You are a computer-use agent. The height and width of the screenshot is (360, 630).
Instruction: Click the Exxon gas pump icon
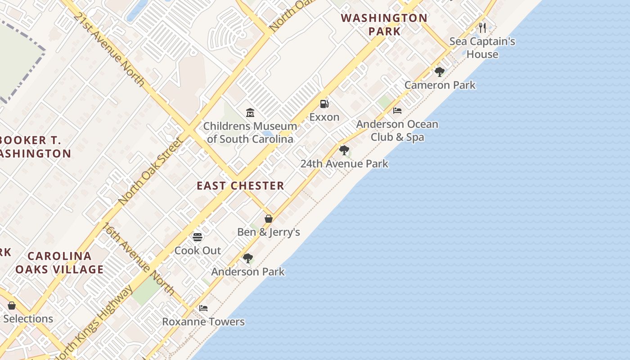[324, 104]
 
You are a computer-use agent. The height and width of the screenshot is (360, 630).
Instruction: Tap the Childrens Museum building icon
[250, 112]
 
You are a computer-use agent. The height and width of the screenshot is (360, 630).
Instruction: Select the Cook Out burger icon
[198, 237]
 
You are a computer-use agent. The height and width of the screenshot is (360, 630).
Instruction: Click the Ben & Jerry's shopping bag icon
[269, 219]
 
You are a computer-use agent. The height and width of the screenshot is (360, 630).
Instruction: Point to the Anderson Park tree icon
[247, 258]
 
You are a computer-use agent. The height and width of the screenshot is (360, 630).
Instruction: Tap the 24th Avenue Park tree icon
[344, 150]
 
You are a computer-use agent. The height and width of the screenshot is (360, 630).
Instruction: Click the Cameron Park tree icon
[440, 72]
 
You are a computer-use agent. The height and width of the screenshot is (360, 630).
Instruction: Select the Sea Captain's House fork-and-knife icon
[482, 28]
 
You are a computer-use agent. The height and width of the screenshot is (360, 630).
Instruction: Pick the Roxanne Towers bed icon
[203, 308]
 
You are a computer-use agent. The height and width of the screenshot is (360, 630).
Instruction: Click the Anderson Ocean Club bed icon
[397, 111]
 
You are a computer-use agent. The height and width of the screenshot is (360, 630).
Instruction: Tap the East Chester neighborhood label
[240, 185]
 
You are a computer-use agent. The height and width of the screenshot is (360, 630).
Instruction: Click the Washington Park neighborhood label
[384, 24]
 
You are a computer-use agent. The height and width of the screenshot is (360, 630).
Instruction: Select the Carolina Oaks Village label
[59, 263]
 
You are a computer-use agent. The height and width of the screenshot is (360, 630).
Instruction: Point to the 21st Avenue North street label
[109, 49]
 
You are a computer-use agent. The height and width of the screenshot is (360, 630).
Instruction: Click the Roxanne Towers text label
[203, 322]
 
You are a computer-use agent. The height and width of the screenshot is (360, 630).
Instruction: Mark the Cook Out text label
[198, 251]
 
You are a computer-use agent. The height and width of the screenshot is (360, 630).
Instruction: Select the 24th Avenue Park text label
[344, 164]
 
